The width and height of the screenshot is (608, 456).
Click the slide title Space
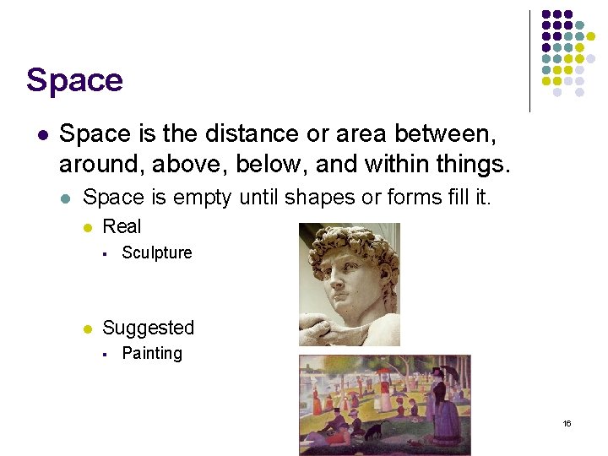click(74, 80)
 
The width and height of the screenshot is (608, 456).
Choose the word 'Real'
click(122, 226)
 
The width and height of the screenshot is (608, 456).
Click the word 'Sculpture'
click(157, 252)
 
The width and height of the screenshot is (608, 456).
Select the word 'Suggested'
click(148, 328)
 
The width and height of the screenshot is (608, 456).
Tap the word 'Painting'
click(152, 353)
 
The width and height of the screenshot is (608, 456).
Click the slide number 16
click(567, 423)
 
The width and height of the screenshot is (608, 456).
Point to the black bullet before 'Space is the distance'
click(42, 134)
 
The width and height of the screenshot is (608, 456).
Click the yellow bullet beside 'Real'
click(87, 227)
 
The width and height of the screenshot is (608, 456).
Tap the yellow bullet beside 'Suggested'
click(87, 328)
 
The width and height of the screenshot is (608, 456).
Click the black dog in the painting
click(372, 430)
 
